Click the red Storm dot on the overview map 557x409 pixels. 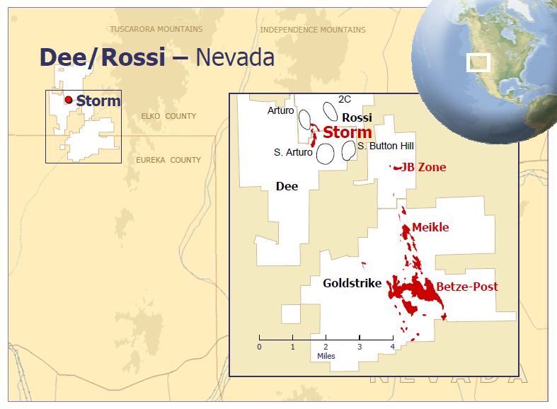pos(69,100)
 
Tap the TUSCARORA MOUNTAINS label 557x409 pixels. pos(156,30)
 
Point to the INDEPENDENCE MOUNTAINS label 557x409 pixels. pos(313,30)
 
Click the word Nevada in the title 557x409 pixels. pos(235,57)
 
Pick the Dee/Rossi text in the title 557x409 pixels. pos(102,57)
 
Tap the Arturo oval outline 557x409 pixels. pos(305,118)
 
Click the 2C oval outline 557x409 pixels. pos(331,111)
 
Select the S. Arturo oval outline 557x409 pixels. pos(325,154)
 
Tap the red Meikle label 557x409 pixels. pos(430,227)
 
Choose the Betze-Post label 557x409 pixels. pos(466,287)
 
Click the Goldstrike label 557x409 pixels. pos(352,284)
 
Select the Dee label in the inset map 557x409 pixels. pos(287,187)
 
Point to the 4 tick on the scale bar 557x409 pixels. pos(392,347)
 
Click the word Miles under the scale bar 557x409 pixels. pos(326,356)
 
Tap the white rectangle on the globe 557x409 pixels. pos(478,62)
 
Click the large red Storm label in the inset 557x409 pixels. pos(348,132)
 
